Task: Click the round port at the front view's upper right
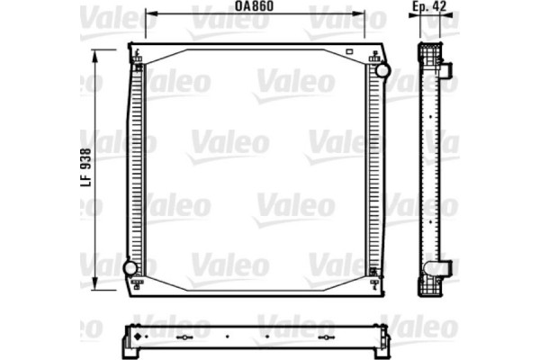(382, 70)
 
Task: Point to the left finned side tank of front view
(137, 171)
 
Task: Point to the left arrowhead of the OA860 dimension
(149, 14)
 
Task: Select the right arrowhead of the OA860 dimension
(363, 14)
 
